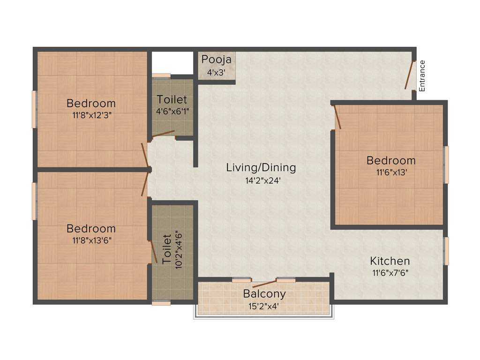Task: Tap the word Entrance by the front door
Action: tap(422, 75)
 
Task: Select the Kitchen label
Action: tap(390, 261)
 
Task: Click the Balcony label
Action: tap(264, 294)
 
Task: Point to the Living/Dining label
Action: tap(261, 167)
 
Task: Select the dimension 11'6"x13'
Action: tap(390, 172)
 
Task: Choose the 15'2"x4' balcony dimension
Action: tap(264, 307)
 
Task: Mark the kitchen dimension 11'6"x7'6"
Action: tap(390, 272)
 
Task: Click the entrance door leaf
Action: tap(409, 75)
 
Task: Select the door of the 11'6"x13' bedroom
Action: tap(337, 117)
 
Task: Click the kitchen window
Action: tap(446, 251)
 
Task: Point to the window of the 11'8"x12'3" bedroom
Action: tap(34, 109)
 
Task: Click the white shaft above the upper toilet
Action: tap(172, 62)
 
